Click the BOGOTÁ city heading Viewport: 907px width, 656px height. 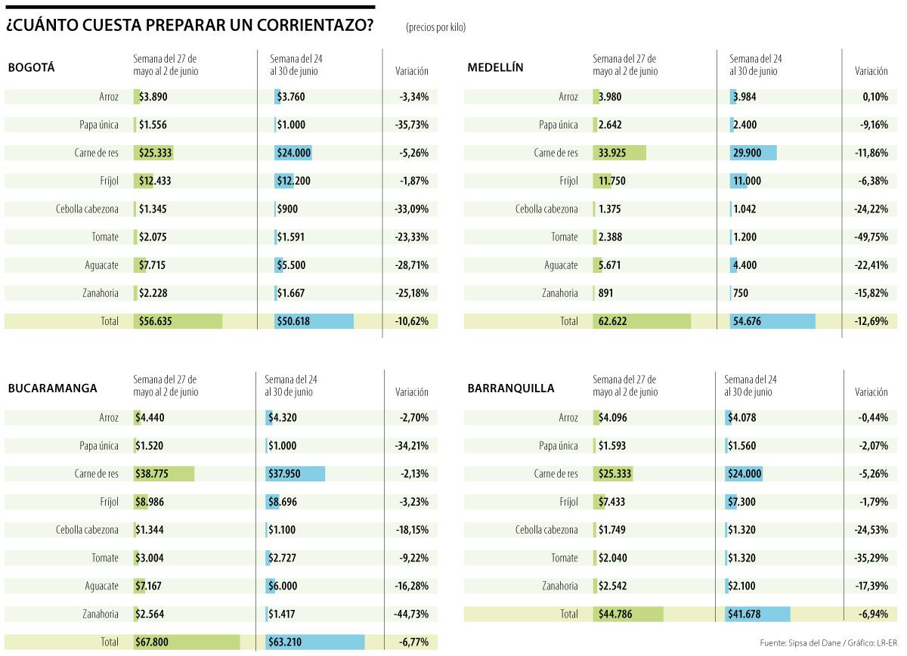pos(32,67)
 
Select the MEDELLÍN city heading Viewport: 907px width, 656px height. pos(495,67)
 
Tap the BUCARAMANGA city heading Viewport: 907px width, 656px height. pos(52,388)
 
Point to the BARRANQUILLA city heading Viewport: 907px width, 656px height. pos(511,388)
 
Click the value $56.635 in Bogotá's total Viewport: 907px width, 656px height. pos(156,321)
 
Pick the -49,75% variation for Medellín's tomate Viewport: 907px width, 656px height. pos(871,237)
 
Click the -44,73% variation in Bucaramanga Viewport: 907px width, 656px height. pos(412,614)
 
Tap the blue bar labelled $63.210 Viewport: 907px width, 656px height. pos(315,642)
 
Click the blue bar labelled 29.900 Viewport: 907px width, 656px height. pos(754,153)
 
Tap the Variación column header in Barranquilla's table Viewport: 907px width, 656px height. pos(871,392)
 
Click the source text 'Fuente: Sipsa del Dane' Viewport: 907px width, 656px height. pos(802,642)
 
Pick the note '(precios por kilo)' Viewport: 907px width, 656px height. pos(435,27)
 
